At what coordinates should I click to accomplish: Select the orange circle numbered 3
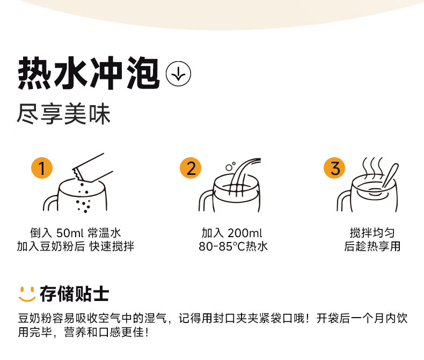tap(335, 168)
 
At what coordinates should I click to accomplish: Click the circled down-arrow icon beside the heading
tap(179, 74)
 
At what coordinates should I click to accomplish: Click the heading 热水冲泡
tap(89, 73)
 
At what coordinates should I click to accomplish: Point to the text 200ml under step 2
tap(244, 233)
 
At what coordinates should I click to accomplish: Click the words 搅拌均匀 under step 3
tap(372, 233)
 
